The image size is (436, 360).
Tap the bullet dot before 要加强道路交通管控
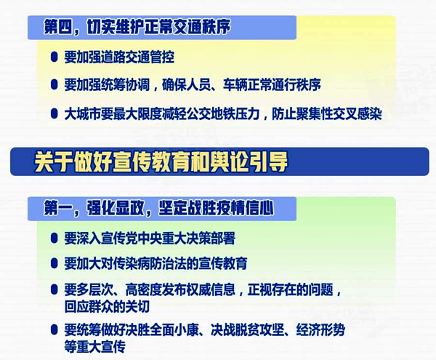54,57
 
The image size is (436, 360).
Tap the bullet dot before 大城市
54,113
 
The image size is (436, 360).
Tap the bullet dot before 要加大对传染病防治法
54,263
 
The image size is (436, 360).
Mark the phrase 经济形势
320,330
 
